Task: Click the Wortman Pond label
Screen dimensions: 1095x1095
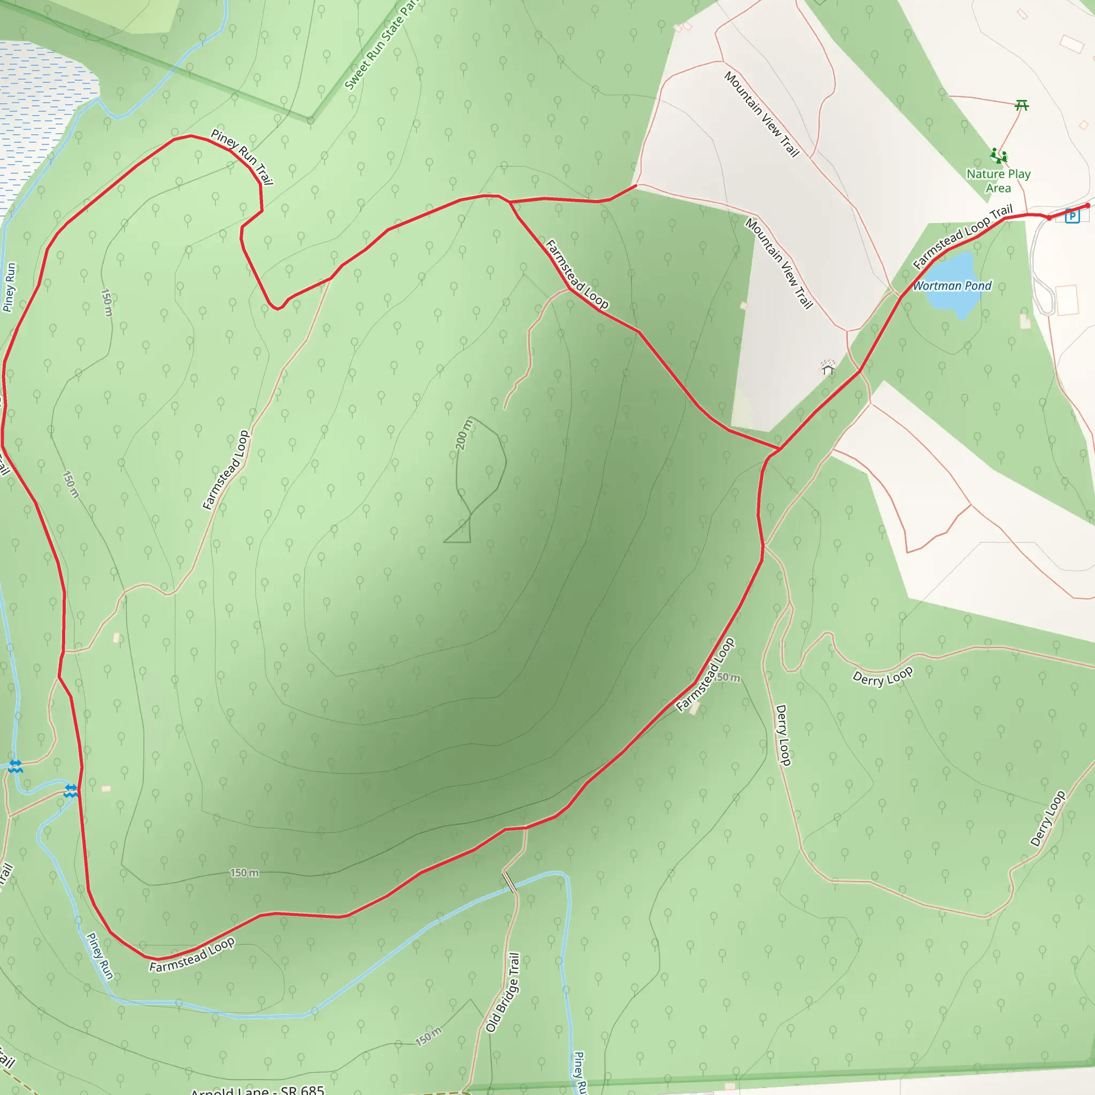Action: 952,286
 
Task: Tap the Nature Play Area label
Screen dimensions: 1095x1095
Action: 998,181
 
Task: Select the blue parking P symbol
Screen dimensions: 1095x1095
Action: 1072,216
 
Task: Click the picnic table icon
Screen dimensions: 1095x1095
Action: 1021,105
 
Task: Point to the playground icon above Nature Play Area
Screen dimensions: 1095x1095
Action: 999,155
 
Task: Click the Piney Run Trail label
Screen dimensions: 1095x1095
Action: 242,157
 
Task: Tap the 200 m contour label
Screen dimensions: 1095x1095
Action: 464,434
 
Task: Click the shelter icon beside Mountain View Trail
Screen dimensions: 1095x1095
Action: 828,368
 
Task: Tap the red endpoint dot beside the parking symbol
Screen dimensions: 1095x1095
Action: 1087,206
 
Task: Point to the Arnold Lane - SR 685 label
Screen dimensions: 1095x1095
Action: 258,1089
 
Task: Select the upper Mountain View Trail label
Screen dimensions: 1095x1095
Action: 761,114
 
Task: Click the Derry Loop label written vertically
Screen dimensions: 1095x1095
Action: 783,735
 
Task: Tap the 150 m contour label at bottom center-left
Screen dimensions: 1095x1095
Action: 244,873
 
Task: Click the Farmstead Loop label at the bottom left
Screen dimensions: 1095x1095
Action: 191,955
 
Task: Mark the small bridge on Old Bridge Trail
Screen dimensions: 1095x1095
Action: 510,882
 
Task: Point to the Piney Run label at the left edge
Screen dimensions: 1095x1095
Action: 10,287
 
